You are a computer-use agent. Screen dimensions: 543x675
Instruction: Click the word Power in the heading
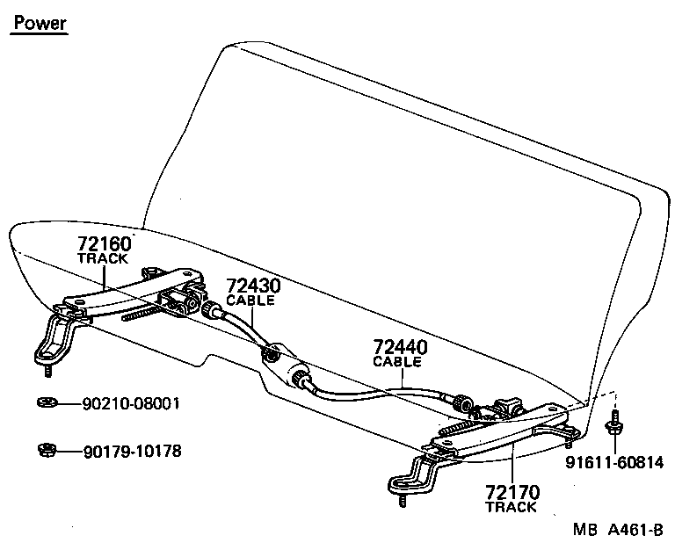[40, 23]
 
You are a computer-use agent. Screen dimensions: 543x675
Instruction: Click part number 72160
[104, 243]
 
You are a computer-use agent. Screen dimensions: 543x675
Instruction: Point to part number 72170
[511, 493]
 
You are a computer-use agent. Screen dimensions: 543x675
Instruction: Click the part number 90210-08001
[131, 404]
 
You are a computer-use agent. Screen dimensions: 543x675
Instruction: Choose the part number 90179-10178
[132, 452]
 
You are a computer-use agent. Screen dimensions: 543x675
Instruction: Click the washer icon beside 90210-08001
[45, 403]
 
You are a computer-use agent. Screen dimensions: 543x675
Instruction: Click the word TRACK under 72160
[103, 259]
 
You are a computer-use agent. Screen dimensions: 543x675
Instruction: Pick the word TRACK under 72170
[511, 508]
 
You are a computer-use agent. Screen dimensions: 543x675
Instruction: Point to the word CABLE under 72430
[250, 300]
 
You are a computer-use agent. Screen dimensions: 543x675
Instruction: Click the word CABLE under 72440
[397, 362]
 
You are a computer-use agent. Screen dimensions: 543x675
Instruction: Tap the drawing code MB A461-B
[617, 531]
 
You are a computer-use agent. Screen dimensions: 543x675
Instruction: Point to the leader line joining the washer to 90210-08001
[67, 404]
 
